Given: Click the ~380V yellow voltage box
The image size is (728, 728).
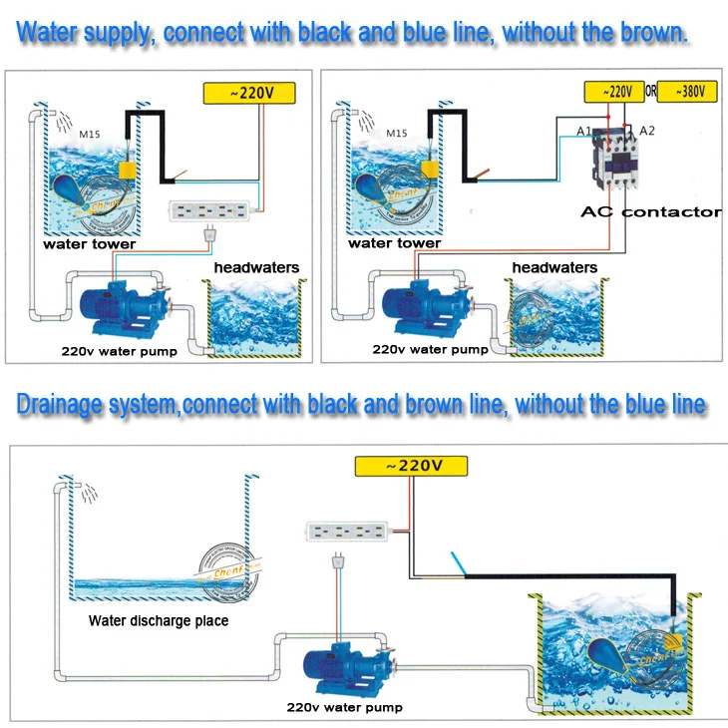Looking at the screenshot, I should click(x=688, y=92).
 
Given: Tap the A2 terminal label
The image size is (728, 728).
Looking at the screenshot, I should click(x=646, y=130).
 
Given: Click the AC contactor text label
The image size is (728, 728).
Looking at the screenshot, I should click(x=651, y=211).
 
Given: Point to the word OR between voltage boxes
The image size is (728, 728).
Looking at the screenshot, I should click(x=649, y=92).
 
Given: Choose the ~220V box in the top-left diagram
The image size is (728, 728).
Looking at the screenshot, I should click(x=251, y=93).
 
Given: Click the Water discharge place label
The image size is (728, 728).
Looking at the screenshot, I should click(x=159, y=620).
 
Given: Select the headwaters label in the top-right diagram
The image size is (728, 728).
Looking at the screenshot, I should click(x=554, y=267).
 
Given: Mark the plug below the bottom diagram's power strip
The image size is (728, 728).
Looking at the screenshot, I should click(x=336, y=565).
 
